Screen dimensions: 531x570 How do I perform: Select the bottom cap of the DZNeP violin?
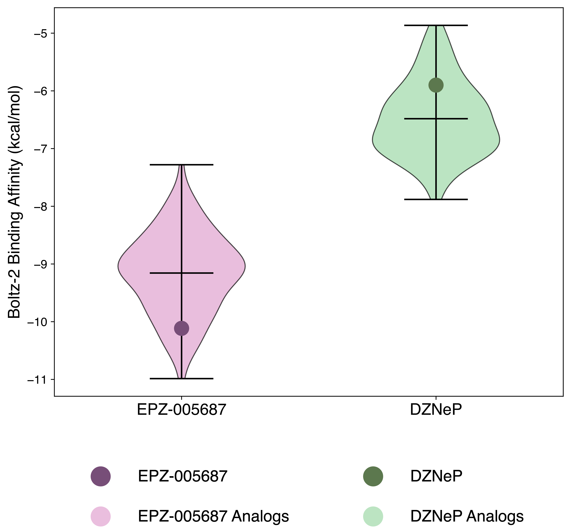point(436,199)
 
